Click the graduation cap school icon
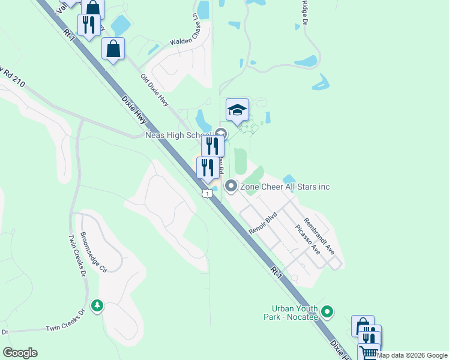coord(237,110)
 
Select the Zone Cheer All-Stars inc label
coord(285,187)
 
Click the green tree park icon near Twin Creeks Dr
coord(97,306)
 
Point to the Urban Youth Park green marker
coord(327,311)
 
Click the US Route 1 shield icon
coord(207,194)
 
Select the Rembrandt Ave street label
coord(319,235)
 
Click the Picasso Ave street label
coord(307,239)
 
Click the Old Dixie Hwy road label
coord(154,91)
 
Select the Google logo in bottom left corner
coord(20,353)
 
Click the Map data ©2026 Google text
coord(412,355)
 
